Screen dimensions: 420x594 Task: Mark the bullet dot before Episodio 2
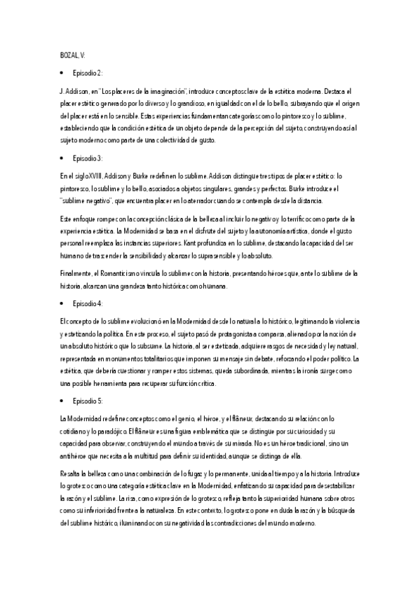pyautogui.click(x=62, y=72)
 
